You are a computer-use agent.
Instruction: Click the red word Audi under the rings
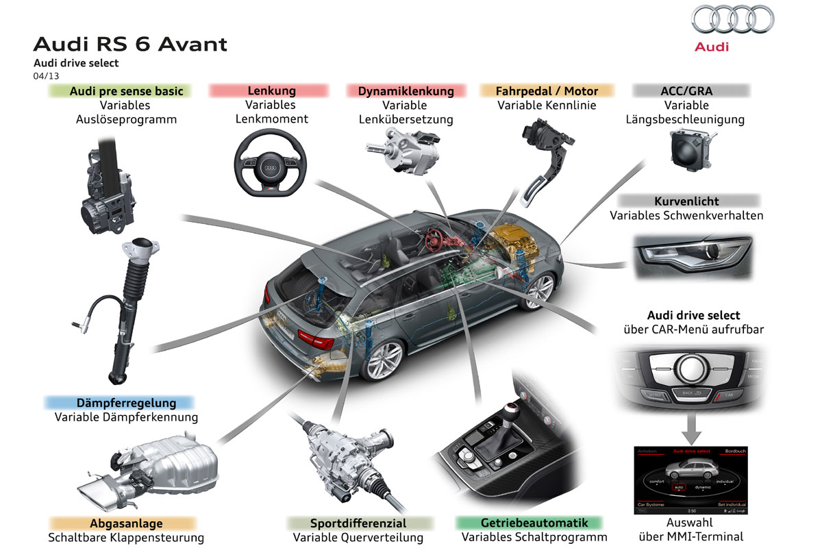pyautogui.click(x=712, y=47)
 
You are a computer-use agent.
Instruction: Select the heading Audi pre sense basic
pyautogui.click(x=120, y=90)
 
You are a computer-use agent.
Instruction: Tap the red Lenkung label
pyautogui.click(x=271, y=90)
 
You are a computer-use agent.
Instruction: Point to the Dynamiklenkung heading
pyautogui.click(x=406, y=90)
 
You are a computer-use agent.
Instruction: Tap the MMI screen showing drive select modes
pyautogui.click(x=690, y=480)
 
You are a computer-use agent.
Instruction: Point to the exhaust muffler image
pyautogui.click(x=158, y=469)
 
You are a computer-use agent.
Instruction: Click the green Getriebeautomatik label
pyautogui.click(x=530, y=523)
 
